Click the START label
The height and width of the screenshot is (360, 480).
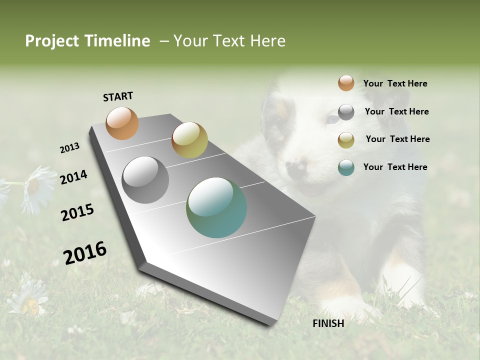pyautogui.click(x=118, y=96)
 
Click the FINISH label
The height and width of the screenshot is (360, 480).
pyautogui.click(x=328, y=323)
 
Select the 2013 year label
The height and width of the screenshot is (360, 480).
pyautogui.click(x=69, y=148)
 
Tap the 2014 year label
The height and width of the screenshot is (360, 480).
pyautogui.click(x=73, y=177)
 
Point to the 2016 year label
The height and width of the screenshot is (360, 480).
pyautogui.click(x=85, y=253)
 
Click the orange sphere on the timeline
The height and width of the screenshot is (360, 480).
pyautogui.click(x=122, y=123)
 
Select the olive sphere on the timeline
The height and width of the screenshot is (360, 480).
pyautogui.click(x=189, y=140)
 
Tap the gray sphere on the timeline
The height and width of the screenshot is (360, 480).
pyautogui.click(x=145, y=180)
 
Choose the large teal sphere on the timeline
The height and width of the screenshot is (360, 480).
pyautogui.click(x=216, y=207)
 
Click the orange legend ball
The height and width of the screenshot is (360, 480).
pyautogui.click(x=346, y=83)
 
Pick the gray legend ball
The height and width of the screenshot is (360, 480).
pyautogui.click(x=346, y=112)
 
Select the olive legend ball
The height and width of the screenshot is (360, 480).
pyautogui.click(x=346, y=140)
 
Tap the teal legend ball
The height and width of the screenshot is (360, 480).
pyautogui.click(x=346, y=167)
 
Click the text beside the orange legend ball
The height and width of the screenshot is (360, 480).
pyautogui.click(x=395, y=83)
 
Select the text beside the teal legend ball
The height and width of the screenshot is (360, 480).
pyautogui.click(x=395, y=167)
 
